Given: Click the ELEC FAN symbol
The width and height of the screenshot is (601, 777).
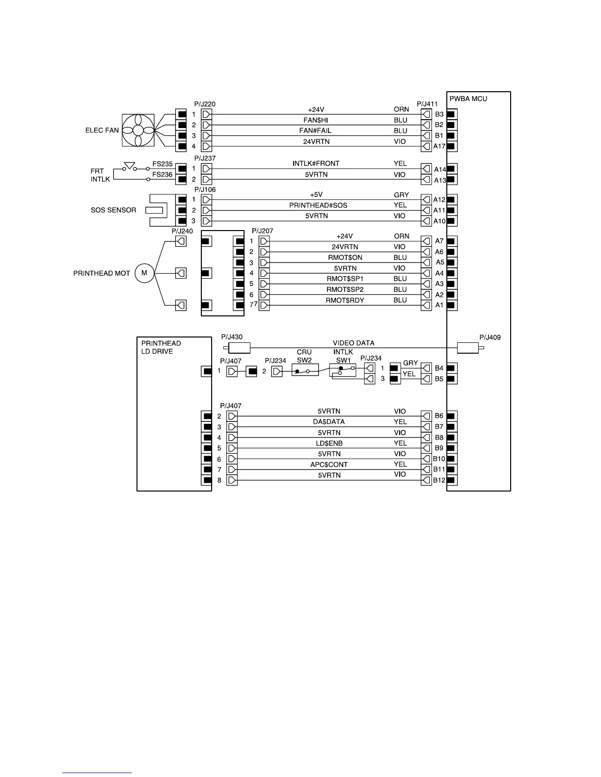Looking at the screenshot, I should [138, 130].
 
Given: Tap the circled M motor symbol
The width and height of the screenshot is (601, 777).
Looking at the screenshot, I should [144, 273].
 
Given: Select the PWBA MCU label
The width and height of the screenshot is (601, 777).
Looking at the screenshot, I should [468, 99].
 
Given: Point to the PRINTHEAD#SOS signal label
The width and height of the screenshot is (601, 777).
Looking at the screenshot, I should [318, 206].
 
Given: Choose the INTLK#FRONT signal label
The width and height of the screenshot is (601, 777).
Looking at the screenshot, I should [316, 163].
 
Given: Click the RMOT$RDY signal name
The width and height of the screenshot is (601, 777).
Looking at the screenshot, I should [345, 300].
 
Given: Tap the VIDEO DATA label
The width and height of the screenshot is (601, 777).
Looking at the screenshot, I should [354, 343].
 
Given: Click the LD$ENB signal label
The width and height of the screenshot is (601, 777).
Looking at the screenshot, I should [329, 443].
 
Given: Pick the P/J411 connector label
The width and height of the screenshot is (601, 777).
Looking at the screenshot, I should [427, 104].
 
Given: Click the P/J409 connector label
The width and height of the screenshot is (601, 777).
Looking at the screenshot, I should [490, 337].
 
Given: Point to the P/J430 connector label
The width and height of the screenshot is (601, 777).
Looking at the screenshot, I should [232, 337].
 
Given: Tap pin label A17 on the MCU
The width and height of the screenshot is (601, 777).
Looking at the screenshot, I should [439, 146].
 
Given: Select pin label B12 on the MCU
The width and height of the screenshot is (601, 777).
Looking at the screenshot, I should [439, 480].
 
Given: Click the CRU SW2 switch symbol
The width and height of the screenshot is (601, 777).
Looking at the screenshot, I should [304, 370].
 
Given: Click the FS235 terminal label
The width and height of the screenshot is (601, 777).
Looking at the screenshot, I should [162, 164].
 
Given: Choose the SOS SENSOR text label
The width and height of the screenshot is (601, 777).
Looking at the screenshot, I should [113, 210].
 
